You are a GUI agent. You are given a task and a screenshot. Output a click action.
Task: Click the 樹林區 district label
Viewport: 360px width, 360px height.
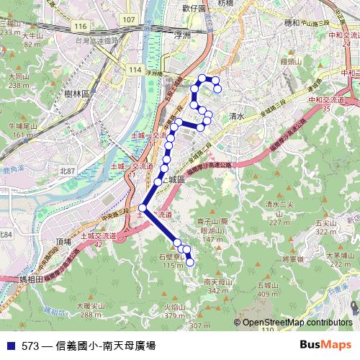[x=75, y=94]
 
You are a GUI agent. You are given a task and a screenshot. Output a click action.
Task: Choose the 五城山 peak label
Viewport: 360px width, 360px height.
[x=268, y=285]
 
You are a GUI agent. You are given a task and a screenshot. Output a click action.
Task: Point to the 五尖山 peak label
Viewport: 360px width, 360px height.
[x=326, y=223]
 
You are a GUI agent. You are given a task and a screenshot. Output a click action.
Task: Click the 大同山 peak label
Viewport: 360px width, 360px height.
[x=19, y=76]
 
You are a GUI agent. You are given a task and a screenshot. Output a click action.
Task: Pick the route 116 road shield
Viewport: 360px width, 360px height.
[x=79, y=27]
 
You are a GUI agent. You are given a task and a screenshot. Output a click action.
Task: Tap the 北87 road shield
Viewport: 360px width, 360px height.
[x=68, y=171]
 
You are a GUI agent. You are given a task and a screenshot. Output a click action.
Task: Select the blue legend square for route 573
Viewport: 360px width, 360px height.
[x=10, y=345]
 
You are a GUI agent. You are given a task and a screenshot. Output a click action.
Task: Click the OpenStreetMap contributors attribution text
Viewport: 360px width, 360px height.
[x=297, y=323]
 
